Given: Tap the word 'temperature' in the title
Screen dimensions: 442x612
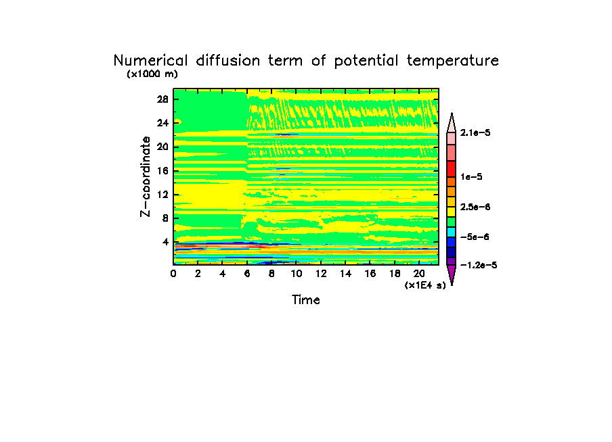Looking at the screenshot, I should coord(453,61).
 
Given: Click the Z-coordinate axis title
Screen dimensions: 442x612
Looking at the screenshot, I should coord(146,176).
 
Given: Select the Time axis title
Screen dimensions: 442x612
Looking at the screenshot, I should coord(306,299).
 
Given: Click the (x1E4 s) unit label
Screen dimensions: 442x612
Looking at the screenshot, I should coord(425,285).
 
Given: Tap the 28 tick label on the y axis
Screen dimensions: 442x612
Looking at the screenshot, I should coord(162,99).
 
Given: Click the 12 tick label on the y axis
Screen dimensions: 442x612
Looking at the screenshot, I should coord(162,195).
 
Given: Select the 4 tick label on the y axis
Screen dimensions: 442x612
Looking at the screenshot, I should coord(165,242).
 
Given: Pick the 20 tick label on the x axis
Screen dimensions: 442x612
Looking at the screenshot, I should coord(419,274).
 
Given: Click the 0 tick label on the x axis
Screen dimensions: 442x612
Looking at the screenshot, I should coord(174,274).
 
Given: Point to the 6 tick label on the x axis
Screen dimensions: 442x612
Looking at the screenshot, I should coord(247,274).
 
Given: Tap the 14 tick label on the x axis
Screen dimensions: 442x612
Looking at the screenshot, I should coord(345,274).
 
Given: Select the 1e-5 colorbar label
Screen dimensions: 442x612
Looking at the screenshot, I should coord(471,176).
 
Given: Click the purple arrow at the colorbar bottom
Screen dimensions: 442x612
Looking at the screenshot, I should coord(451,274).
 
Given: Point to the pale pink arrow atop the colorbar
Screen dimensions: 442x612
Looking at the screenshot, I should coord(451,122).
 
